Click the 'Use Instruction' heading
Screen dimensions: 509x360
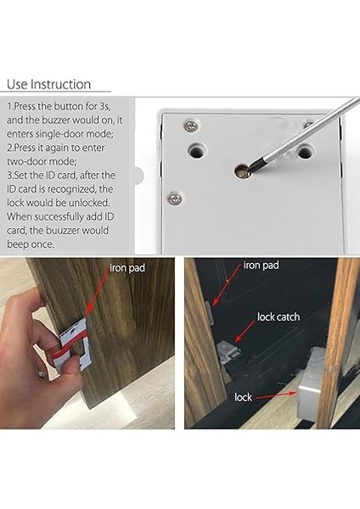click(x=48, y=85)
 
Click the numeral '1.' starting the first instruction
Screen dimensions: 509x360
click(x=11, y=109)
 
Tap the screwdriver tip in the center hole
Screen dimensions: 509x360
click(x=244, y=173)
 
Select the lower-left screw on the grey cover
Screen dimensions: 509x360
click(x=175, y=199)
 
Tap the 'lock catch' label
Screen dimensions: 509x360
click(x=278, y=316)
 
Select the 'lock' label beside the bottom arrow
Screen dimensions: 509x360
click(x=244, y=397)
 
